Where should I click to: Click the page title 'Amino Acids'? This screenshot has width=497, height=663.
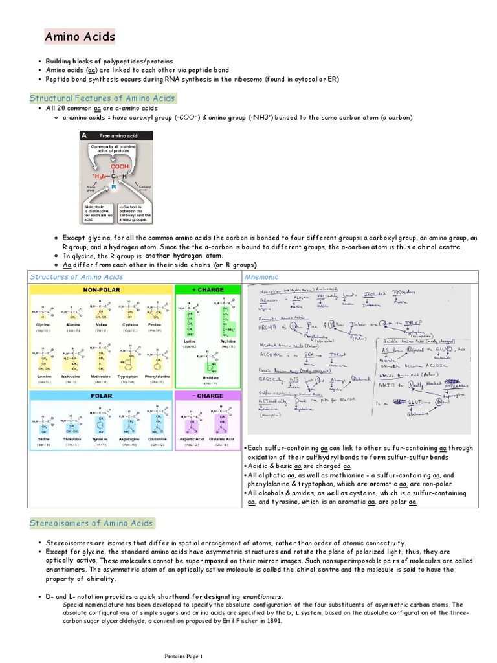click(80, 37)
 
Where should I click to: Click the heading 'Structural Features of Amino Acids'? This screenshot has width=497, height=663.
click(103, 98)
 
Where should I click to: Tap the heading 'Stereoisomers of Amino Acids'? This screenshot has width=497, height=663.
click(91, 523)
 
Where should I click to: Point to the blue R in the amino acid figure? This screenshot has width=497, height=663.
click(114, 186)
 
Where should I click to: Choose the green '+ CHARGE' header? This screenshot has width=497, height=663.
click(208, 290)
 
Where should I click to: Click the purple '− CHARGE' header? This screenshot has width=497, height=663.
click(208, 395)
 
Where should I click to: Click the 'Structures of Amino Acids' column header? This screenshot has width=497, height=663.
click(76, 276)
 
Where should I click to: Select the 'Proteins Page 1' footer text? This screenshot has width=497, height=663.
click(183, 656)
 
